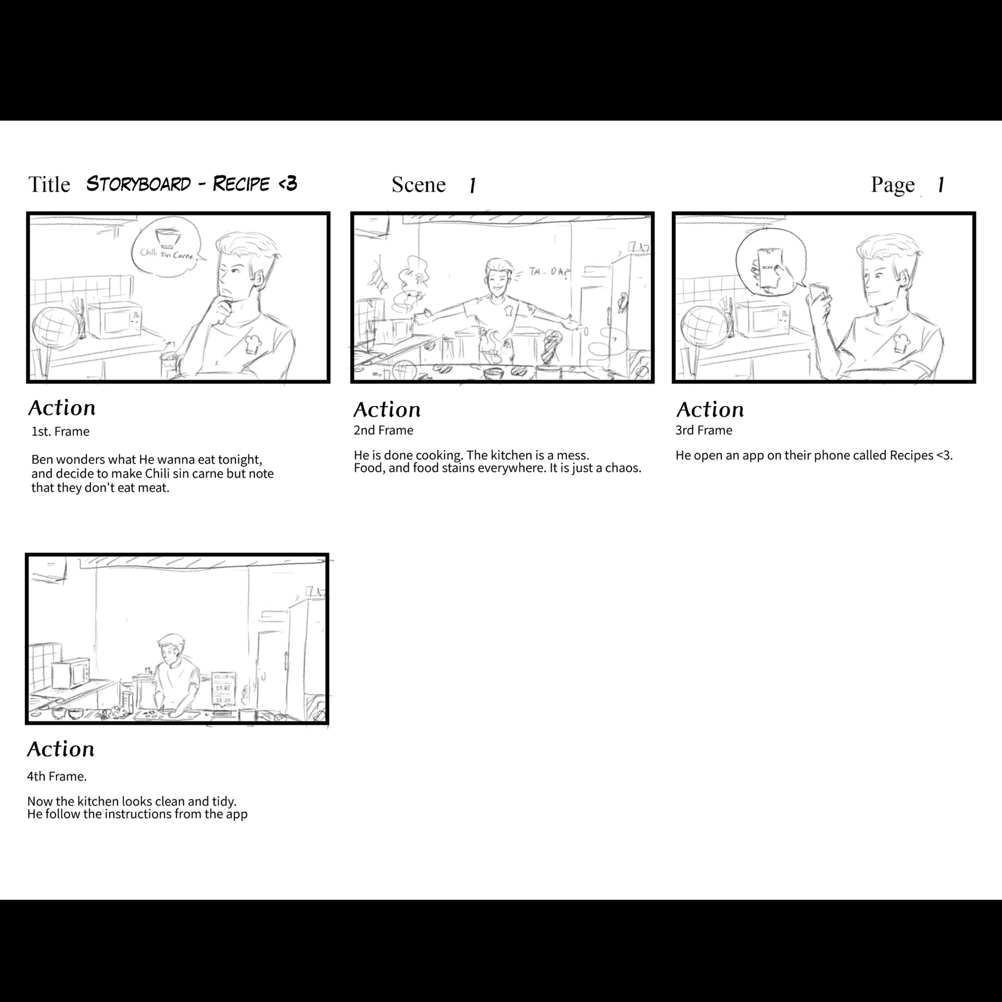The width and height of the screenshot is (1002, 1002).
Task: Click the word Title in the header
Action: pos(49,185)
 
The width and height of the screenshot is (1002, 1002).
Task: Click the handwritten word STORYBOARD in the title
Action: pos(138,184)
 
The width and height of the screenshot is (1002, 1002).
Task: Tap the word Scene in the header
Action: pos(419,185)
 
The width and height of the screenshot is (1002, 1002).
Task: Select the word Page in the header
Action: pos(892,185)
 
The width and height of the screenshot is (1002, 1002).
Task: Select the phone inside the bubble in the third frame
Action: pos(769,268)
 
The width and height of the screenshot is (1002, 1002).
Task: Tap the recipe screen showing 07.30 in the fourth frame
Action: pos(223,689)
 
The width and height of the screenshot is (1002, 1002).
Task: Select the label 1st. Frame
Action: pos(61,432)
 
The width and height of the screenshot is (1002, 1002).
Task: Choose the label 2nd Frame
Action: pos(383,431)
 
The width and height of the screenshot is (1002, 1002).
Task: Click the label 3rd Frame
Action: pos(703,431)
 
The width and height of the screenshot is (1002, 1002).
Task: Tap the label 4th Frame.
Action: pos(56,777)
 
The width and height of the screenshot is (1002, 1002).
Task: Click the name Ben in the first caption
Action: pos(42,460)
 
